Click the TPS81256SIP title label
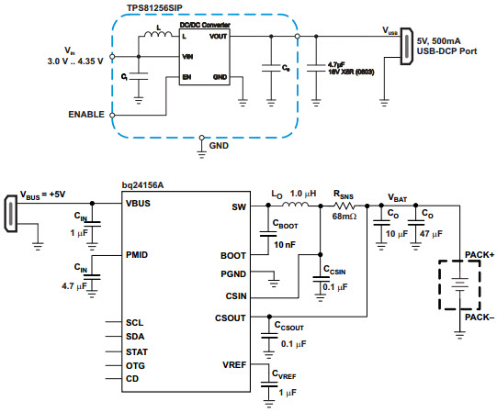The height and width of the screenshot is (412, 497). pyautogui.click(x=154, y=7)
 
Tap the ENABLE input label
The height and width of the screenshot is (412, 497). pyautogui.click(x=86, y=115)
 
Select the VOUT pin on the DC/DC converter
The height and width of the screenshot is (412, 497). pyautogui.click(x=218, y=37)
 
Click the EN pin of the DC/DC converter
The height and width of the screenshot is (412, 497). pyautogui.click(x=186, y=77)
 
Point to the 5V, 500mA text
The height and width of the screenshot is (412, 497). pyautogui.click(x=439, y=41)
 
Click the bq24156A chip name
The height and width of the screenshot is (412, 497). pyautogui.click(x=142, y=185)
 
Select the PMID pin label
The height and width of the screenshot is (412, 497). pyautogui.click(x=137, y=255)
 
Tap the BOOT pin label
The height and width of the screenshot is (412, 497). pyautogui.click(x=233, y=256)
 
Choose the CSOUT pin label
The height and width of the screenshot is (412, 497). pyautogui.click(x=230, y=317)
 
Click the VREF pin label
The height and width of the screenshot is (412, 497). pyautogui.click(x=234, y=365)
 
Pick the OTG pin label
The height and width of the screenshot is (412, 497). pyautogui.click(x=135, y=366)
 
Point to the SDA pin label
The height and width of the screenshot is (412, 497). pyautogui.click(x=135, y=337)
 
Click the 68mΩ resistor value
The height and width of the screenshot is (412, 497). pyautogui.click(x=345, y=217)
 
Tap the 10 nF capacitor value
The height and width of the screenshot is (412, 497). pyautogui.click(x=285, y=244)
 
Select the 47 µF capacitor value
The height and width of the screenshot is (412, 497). pyautogui.click(x=431, y=234)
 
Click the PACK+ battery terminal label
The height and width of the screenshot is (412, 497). pyautogui.click(x=480, y=255)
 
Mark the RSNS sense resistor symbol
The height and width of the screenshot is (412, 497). pyautogui.click(x=345, y=206)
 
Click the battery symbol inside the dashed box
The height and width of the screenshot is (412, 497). pyautogui.click(x=459, y=284)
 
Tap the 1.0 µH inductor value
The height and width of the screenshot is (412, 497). pyautogui.click(x=303, y=194)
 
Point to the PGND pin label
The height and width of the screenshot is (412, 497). pyautogui.click(x=233, y=274)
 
